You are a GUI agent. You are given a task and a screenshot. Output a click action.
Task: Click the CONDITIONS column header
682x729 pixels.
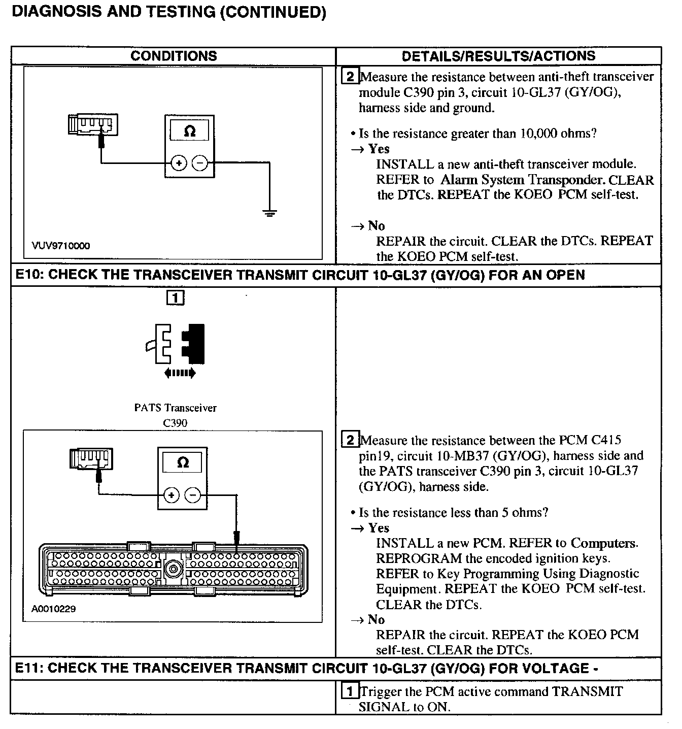tap(174, 56)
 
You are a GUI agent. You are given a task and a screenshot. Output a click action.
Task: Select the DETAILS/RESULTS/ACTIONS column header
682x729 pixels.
tap(498, 56)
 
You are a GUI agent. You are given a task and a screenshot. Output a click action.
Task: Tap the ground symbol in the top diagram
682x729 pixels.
tap(270, 213)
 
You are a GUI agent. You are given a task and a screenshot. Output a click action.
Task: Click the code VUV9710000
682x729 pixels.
tap(60, 246)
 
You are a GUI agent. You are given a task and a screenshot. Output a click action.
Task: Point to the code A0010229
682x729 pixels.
tap(53, 609)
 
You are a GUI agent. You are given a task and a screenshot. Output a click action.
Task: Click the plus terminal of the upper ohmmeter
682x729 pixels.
tap(178, 163)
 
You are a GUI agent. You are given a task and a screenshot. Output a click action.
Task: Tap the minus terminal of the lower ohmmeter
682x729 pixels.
tap(192, 494)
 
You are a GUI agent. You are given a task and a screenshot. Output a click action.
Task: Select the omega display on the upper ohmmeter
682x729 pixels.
tap(189, 131)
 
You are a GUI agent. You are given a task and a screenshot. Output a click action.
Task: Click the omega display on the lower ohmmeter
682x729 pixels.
tap(183, 462)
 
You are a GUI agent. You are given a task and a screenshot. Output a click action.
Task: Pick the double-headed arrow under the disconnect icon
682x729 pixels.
tap(180, 374)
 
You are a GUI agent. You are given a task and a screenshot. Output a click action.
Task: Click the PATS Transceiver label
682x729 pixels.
tap(175, 408)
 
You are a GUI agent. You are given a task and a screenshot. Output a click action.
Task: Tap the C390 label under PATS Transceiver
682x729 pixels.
tap(175, 422)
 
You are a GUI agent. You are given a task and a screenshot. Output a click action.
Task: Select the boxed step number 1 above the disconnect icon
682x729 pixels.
tap(175, 298)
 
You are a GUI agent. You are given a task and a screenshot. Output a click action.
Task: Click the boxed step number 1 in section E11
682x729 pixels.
tap(350, 691)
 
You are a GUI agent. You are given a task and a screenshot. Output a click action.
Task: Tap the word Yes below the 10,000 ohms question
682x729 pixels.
tap(379, 149)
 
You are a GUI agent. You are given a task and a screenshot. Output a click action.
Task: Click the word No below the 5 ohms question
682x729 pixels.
tap(376, 619)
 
